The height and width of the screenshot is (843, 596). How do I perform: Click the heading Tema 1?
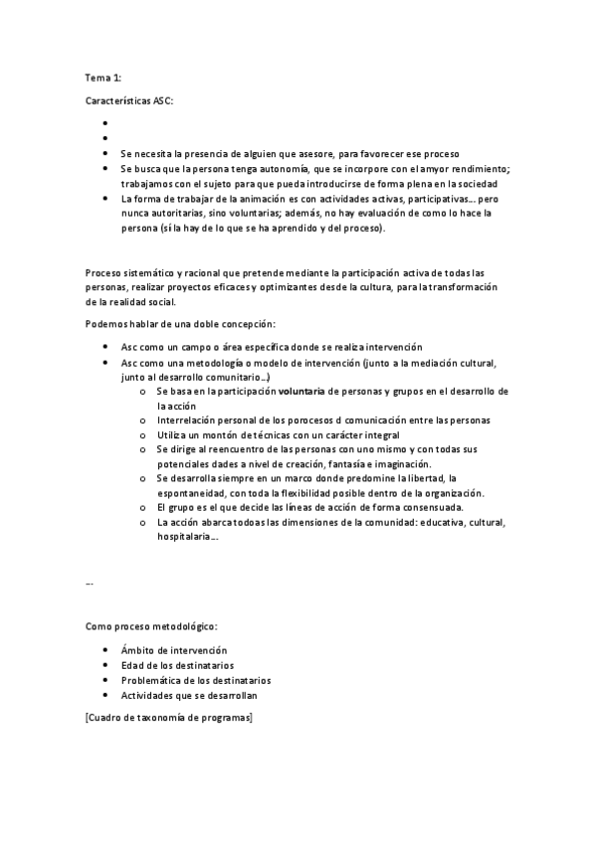(102, 77)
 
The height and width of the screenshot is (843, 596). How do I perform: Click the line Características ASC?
(130, 102)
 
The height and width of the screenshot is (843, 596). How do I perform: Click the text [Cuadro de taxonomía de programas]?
(169, 717)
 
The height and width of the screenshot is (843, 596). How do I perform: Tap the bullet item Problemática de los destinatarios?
(195, 680)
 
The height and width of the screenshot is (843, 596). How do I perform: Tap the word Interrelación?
(186, 421)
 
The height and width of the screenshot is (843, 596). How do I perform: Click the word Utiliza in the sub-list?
(172, 434)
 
